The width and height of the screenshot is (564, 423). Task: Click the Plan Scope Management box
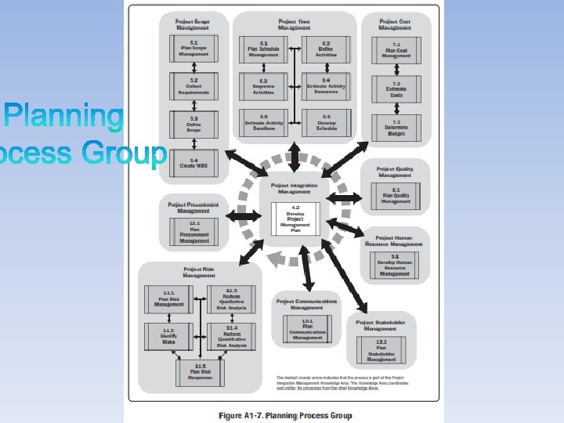click(x=193, y=49)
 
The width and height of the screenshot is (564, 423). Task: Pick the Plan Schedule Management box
click(x=264, y=49)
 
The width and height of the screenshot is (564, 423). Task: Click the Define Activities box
click(x=326, y=49)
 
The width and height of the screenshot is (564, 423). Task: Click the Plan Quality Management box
click(x=396, y=195)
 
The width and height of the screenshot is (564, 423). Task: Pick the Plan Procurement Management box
click(x=193, y=232)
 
